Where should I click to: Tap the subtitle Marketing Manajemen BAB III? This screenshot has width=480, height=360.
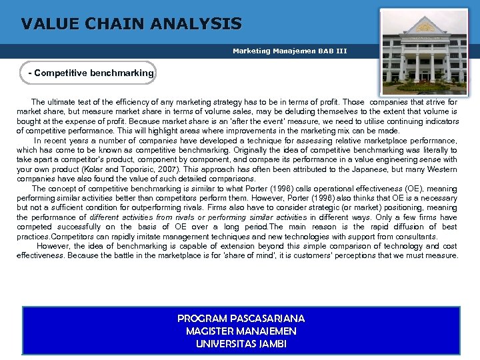[x=289, y=51]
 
